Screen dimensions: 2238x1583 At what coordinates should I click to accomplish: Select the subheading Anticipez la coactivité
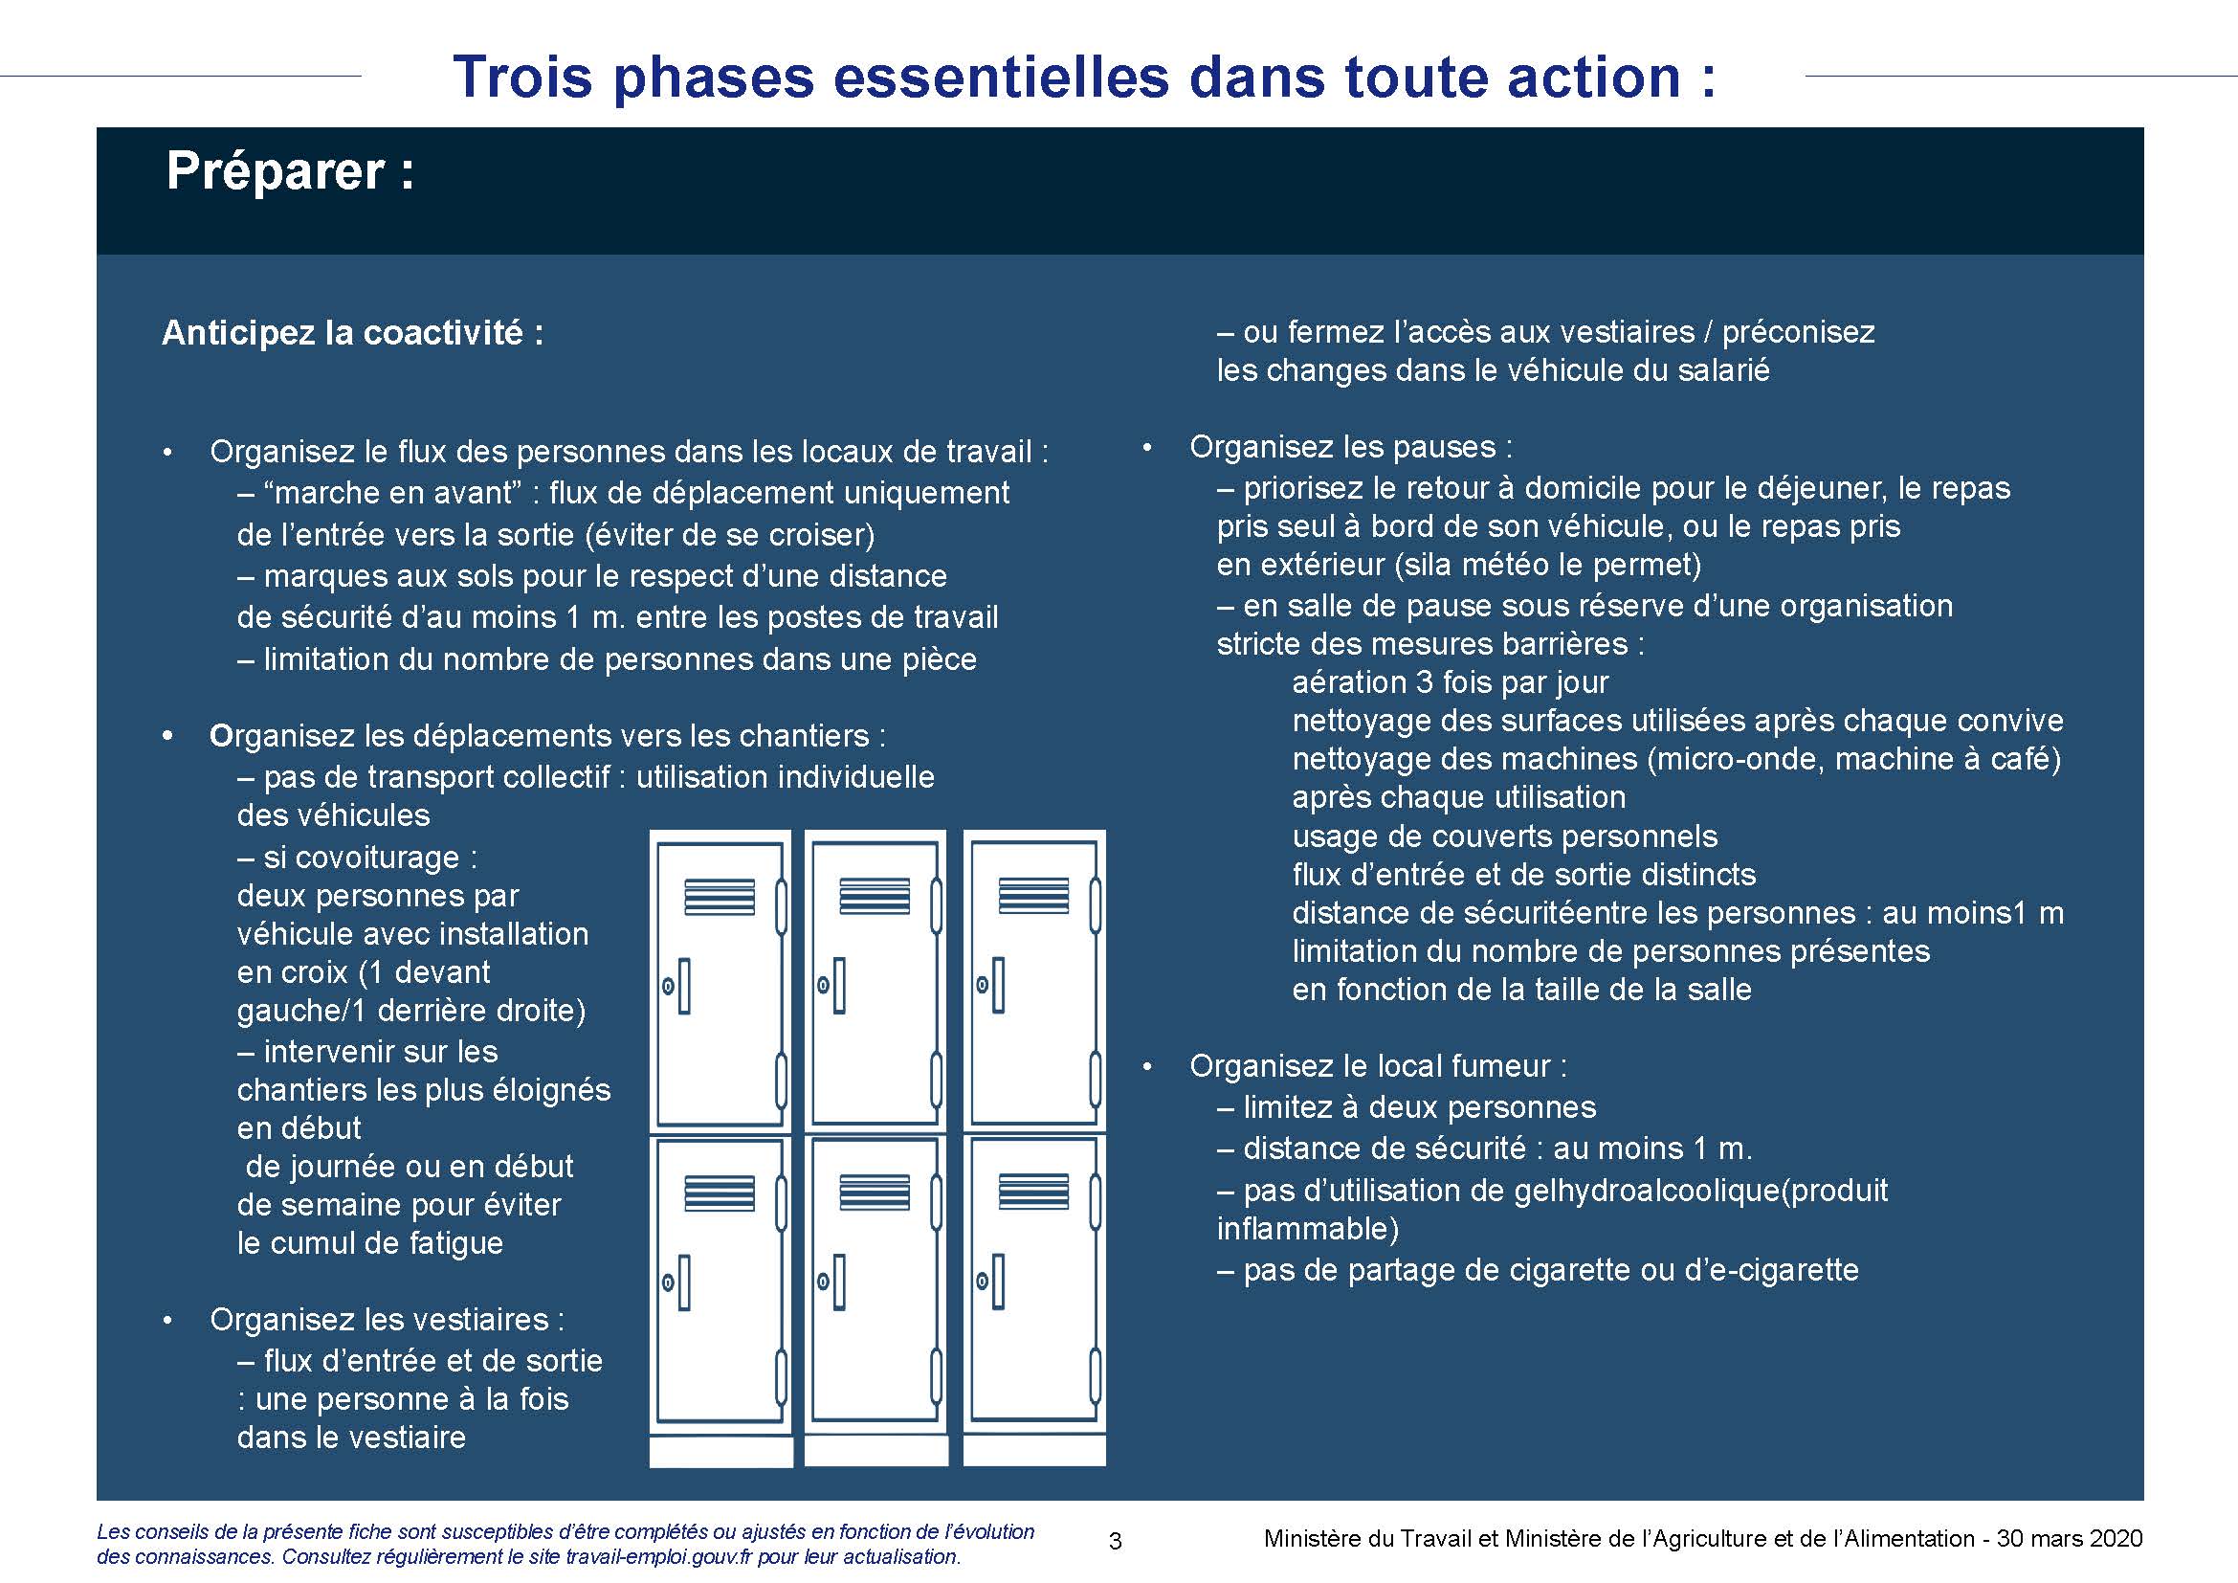352,334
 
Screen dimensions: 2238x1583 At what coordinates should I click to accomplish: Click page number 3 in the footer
1115,1541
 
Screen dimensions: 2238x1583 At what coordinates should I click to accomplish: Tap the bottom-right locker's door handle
997,1282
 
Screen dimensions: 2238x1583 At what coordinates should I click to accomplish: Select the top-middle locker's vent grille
875,896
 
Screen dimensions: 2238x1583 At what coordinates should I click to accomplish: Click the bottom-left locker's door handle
683,1282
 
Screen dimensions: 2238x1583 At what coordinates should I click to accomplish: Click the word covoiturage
377,858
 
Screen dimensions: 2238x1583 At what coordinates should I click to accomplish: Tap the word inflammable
1307,1228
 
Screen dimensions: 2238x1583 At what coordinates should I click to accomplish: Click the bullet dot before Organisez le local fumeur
1147,1067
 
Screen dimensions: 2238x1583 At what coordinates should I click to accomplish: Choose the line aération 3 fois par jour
1451,682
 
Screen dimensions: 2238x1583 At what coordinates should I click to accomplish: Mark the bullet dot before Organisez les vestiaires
168,1321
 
